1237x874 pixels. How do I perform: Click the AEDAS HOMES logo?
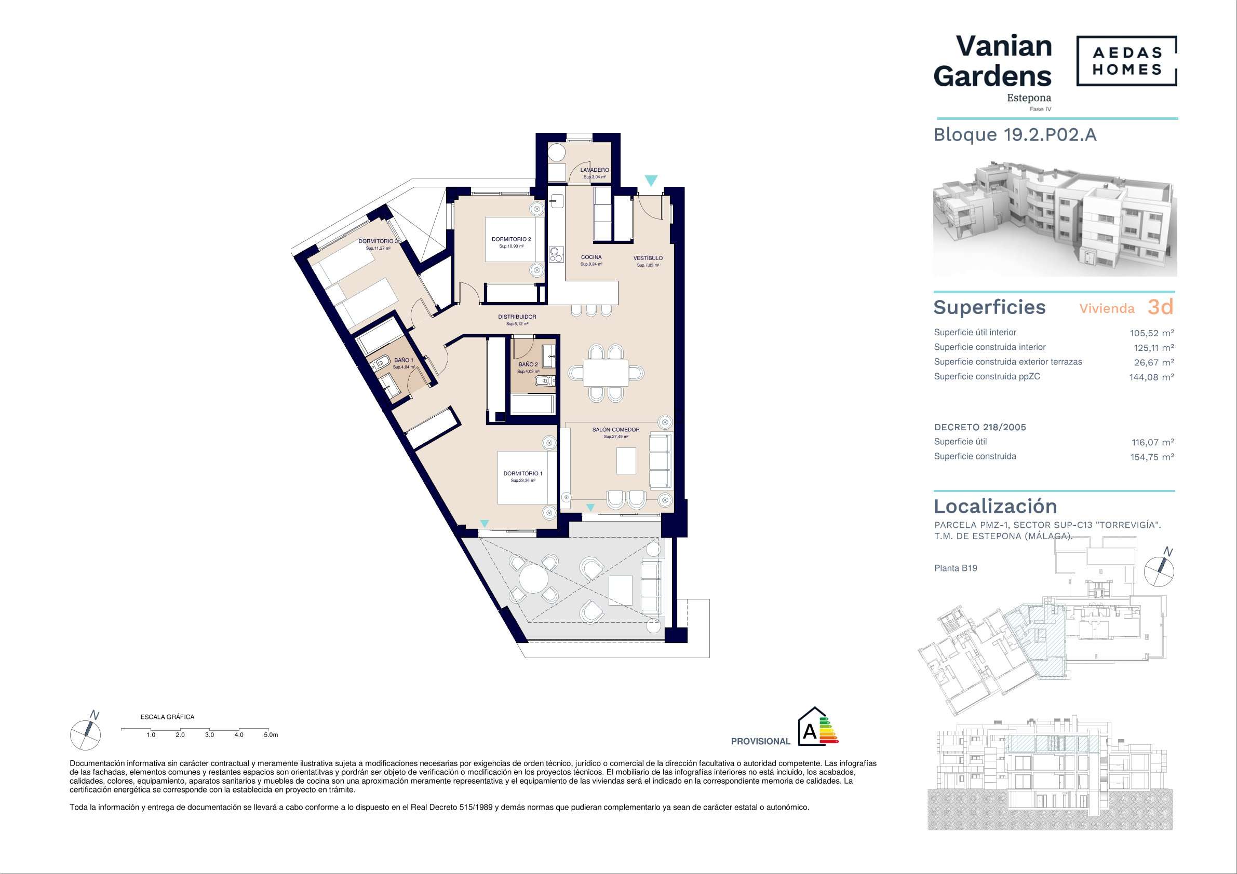click(x=1126, y=61)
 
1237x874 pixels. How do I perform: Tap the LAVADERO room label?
click(x=595, y=170)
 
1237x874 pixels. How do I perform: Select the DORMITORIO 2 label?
click(x=512, y=239)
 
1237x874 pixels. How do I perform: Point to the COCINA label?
click(x=591, y=257)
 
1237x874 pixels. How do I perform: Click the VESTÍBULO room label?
click(x=648, y=258)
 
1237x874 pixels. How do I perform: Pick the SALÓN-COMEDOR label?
click(x=616, y=430)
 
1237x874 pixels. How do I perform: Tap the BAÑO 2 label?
click(x=528, y=364)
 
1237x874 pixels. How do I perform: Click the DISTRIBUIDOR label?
click(x=517, y=317)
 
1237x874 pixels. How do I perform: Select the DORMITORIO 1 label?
click(x=523, y=473)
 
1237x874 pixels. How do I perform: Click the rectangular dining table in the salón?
click(x=606, y=373)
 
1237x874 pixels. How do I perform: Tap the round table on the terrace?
click(x=533, y=579)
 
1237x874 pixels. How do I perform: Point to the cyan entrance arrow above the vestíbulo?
click(x=651, y=181)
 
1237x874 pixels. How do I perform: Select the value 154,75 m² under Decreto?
click(x=1152, y=457)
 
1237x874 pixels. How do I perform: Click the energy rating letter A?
click(x=809, y=732)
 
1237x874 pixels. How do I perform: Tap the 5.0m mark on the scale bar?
click(x=271, y=734)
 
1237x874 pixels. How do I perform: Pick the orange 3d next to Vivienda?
click(x=1161, y=307)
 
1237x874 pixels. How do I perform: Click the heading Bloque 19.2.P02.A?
click(x=1015, y=134)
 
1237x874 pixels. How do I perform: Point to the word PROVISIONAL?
click(x=760, y=742)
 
